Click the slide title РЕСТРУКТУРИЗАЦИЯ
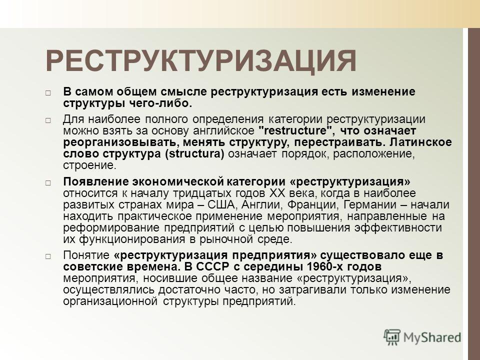point(201,60)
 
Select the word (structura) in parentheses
point(194,153)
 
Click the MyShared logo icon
point(392,337)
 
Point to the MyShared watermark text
point(432,337)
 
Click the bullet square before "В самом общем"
point(48,93)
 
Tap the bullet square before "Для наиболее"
point(48,120)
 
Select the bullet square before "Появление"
point(48,183)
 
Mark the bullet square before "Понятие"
point(48,256)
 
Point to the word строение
point(89,165)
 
